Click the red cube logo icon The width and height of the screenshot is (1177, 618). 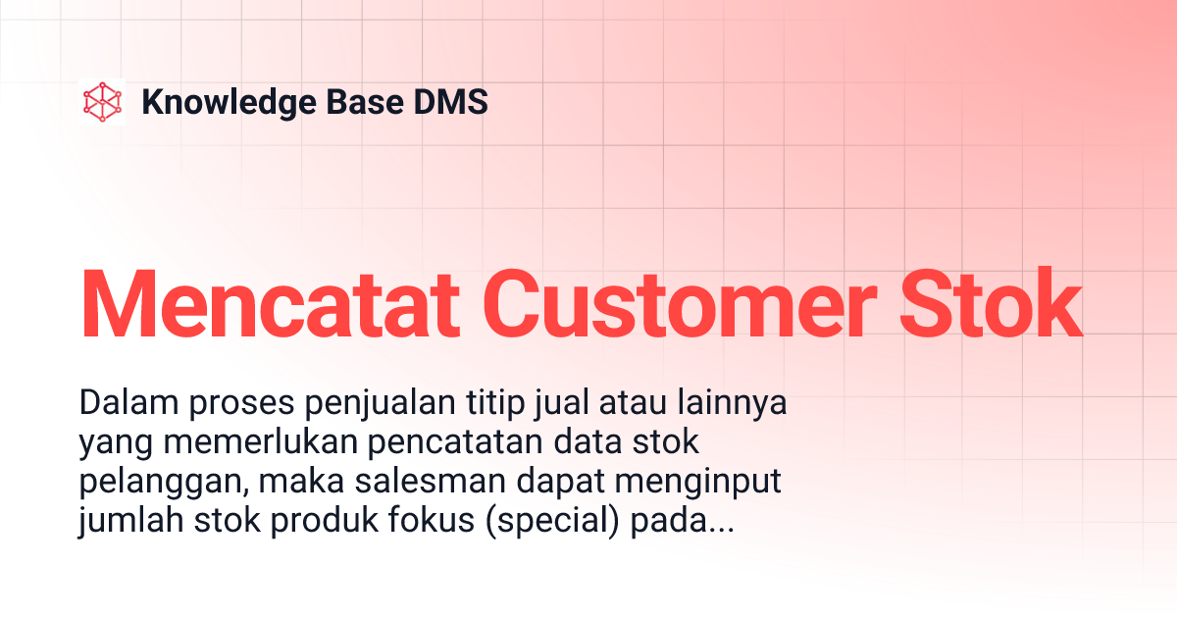click(x=102, y=102)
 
